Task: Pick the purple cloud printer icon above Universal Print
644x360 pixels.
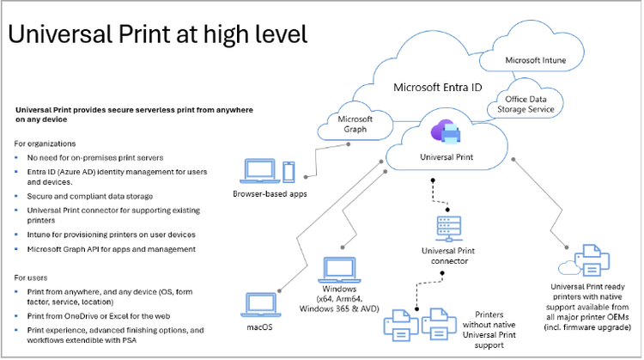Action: pyautogui.click(x=447, y=133)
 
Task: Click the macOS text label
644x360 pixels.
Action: pyautogui.click(x=258, y=326)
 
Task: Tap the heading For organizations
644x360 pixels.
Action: pyautogui.click(x=46, y=143)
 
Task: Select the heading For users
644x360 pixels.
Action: pyautogui.click(x=31, y=278)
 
